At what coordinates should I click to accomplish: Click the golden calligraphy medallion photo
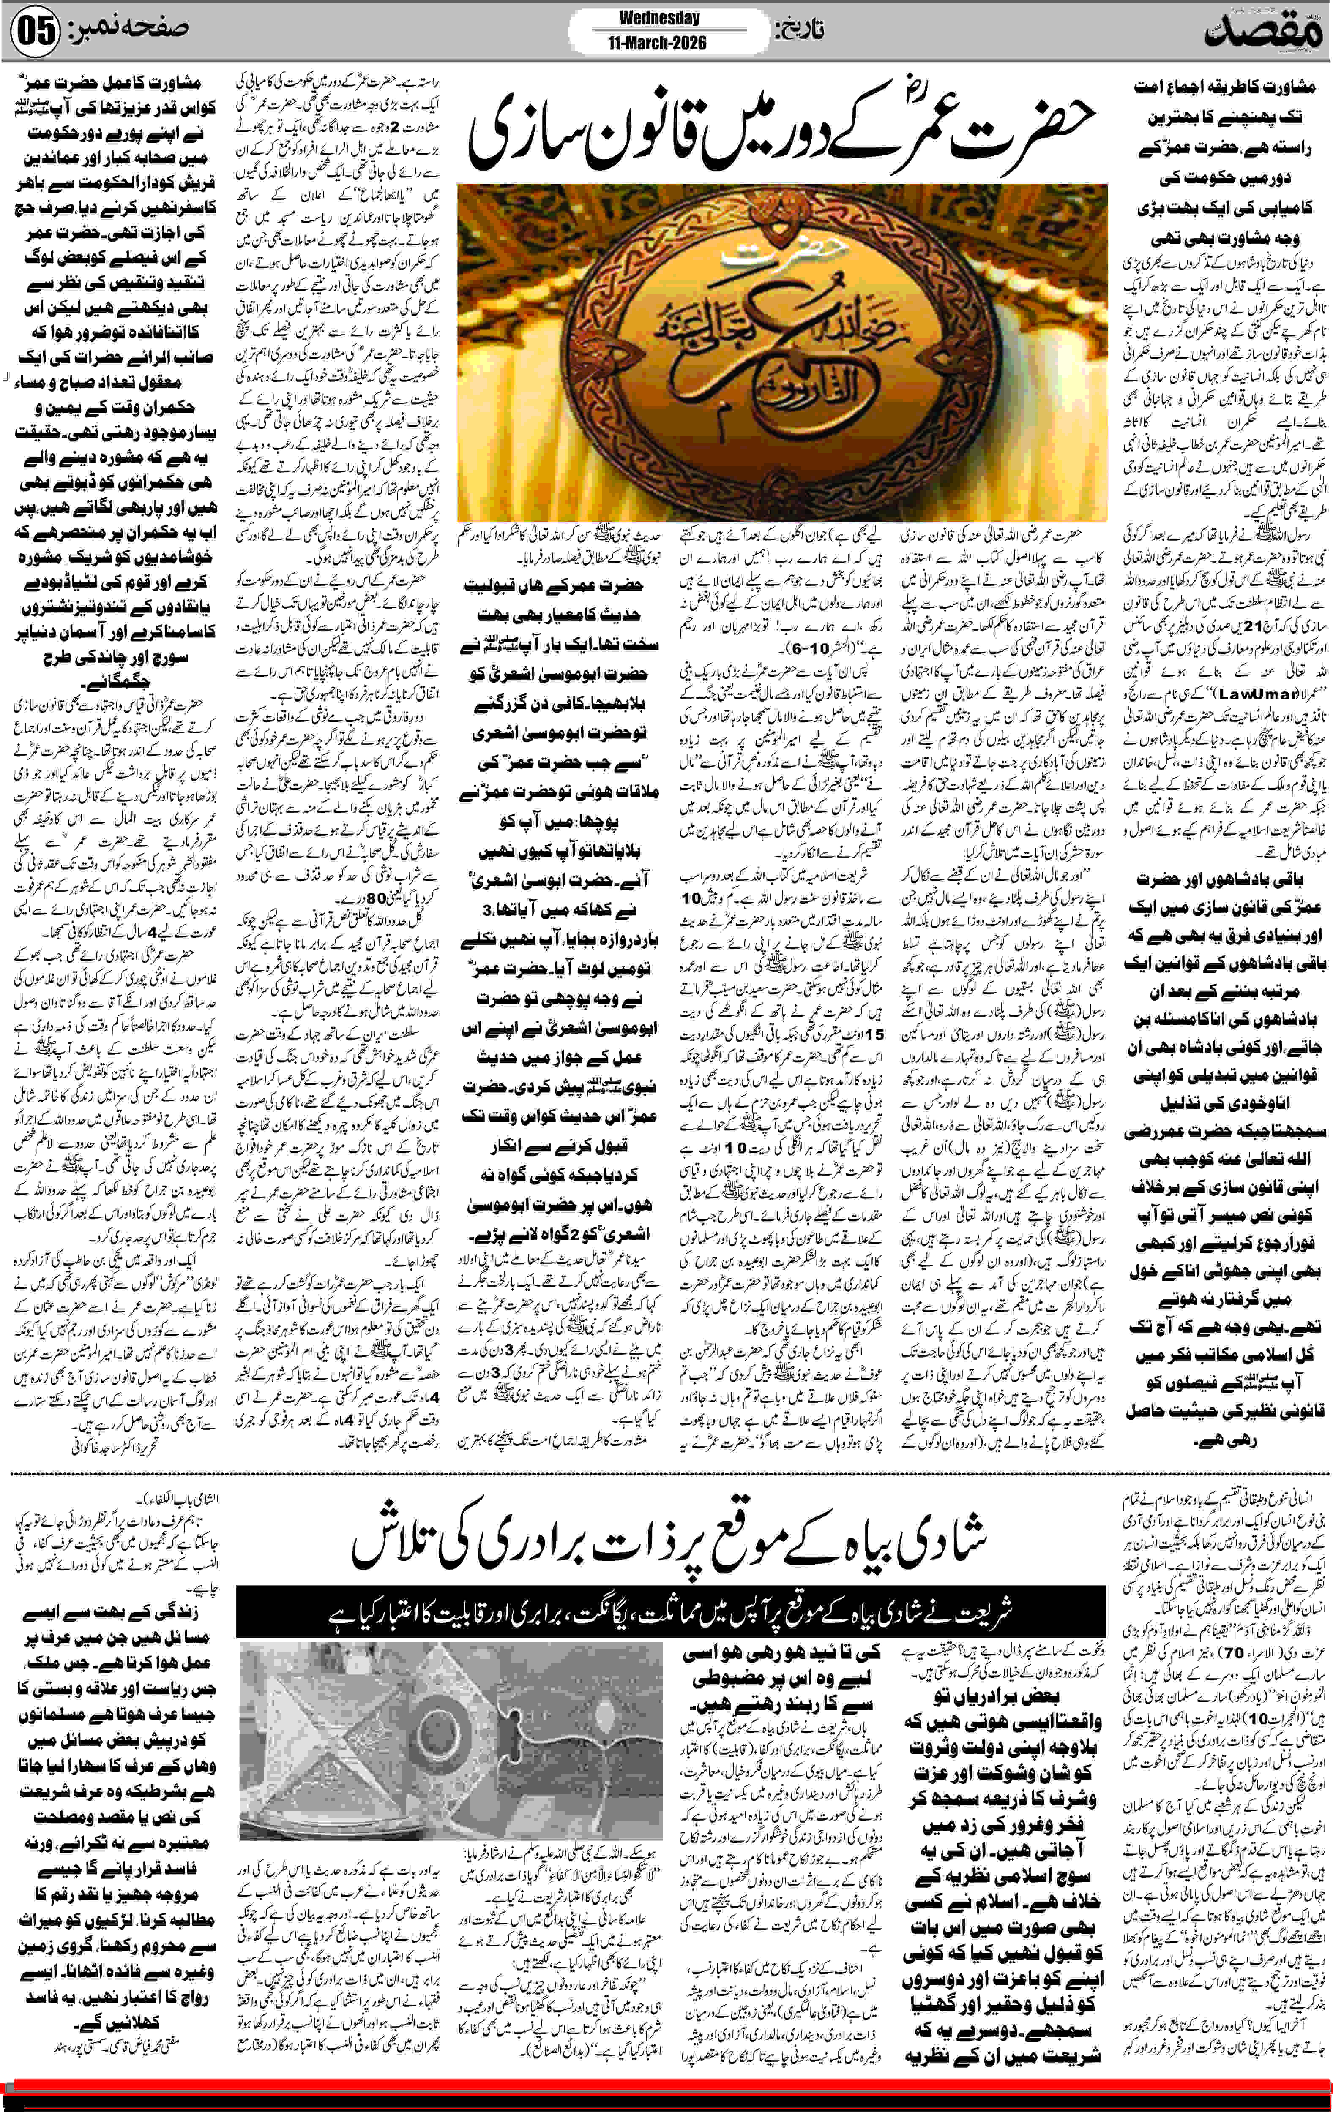tap(781, 351)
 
